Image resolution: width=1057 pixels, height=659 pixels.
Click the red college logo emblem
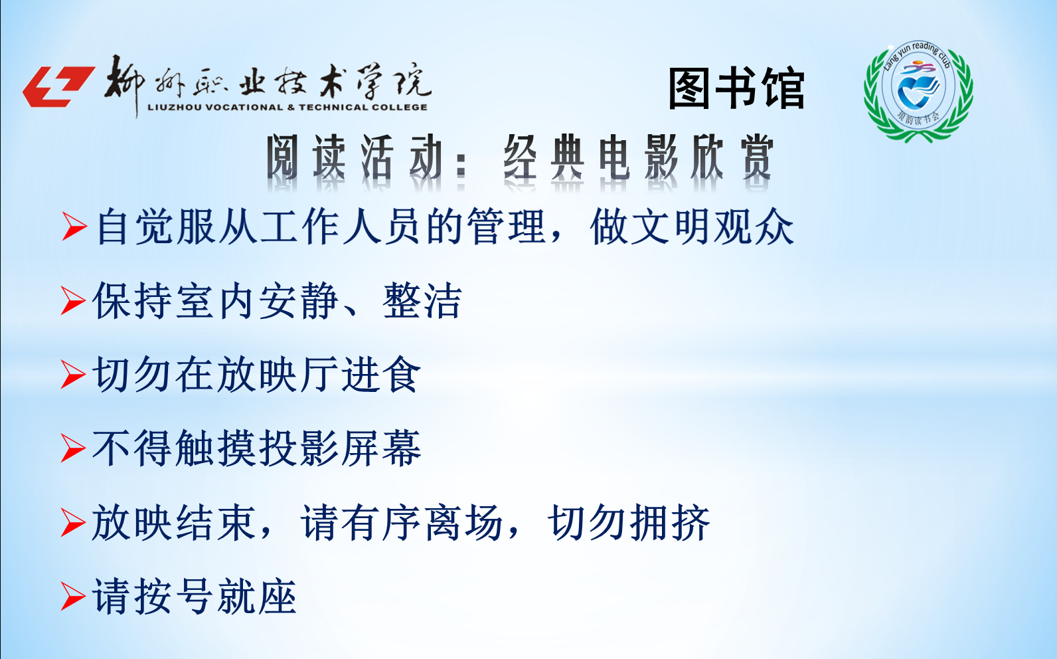pos(58,86)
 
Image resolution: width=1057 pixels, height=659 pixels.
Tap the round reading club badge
pos(918,91)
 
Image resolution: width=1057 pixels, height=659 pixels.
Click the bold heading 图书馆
pos(736,88)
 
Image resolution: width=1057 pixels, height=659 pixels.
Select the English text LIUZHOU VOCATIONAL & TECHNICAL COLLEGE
pos(287,107)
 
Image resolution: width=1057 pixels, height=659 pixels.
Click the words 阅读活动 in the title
pos(355,157)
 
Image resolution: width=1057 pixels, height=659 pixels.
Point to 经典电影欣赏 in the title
pos(639,157)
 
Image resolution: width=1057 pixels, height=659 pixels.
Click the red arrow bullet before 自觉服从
pos(74,227)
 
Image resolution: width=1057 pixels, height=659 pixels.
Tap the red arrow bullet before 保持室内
pos(73,301)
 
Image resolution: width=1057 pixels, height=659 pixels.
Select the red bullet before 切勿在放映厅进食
pos(73,375)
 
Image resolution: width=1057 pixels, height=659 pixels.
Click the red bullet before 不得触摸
pos(73,448)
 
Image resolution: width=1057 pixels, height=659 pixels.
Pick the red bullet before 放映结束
pos(73,523)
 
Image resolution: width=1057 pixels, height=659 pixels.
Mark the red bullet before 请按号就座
pos(73,597)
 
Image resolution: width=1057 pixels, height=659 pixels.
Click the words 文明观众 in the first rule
pos(712,227)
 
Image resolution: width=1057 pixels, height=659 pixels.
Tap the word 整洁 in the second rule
pos(422,301)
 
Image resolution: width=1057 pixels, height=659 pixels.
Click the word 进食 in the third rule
pos(380,375)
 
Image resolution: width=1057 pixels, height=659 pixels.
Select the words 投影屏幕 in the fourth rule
pos(339,448)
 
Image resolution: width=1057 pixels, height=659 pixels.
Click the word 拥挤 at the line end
pos(670,523)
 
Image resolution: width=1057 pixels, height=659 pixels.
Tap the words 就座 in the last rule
pos(257,597)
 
